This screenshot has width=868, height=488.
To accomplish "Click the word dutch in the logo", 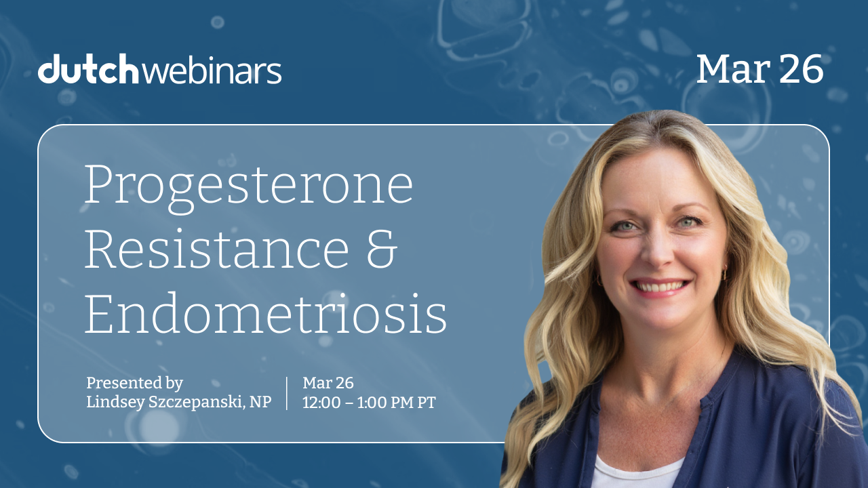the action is click(88, 68).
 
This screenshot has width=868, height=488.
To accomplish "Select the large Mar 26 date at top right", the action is click(760, 68).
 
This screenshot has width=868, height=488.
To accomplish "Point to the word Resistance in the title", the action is click(216, 249).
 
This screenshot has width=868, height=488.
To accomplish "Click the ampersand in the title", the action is click(382, 249).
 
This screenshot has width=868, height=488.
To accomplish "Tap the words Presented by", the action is click(134, 383).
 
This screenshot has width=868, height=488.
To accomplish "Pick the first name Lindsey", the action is click(115, 403).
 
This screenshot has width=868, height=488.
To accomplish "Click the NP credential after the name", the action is click(260, 402).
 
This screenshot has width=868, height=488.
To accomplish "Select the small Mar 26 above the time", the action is click(328, 383).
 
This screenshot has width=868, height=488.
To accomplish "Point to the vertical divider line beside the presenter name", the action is click(287, 393).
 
